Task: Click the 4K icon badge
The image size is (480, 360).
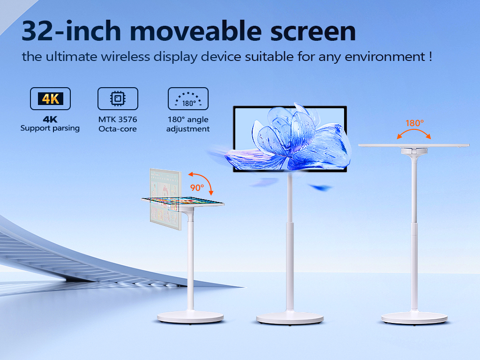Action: coord(50,98)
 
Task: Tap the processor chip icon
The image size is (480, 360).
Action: coord(118,98)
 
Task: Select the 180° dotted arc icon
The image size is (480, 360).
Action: coord(188,98)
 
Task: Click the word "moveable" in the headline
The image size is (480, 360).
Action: coord(195,31)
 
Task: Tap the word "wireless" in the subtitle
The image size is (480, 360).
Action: coord(125,57)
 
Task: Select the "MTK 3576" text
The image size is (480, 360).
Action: coord(118,120)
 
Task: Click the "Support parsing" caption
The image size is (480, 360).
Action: coord(50,128)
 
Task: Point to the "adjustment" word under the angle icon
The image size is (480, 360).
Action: coord(188,129)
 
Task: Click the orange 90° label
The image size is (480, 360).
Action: coord(197,187)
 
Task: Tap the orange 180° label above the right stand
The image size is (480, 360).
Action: coord(414,123)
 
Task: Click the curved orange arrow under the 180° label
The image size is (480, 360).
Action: coord(414,130)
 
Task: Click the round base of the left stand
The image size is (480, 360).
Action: coord(190,317)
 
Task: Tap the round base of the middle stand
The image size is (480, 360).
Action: coord(290,318)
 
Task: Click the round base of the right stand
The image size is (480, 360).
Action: coord(414,318)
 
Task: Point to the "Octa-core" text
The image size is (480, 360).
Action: coord(118,129)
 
